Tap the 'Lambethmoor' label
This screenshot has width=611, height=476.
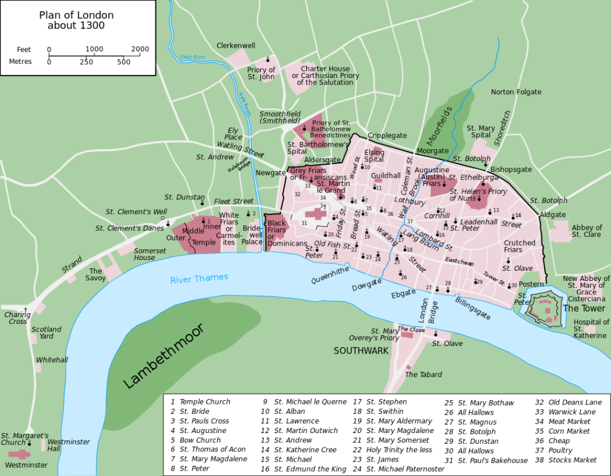164,356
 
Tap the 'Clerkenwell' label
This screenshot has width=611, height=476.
236,45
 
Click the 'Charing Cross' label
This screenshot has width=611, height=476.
17,318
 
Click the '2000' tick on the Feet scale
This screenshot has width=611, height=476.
140,49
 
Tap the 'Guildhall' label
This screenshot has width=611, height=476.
385,176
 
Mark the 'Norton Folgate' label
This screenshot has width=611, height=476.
516,92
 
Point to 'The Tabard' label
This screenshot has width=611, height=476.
424,375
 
